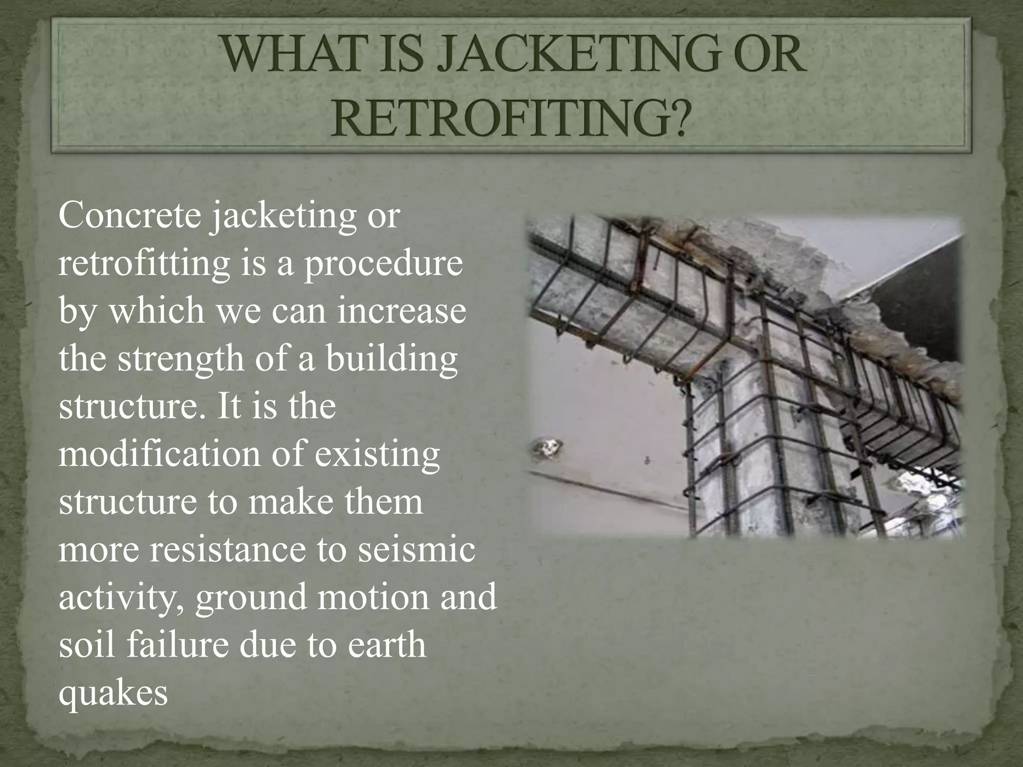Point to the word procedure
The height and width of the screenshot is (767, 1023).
click(384, 264)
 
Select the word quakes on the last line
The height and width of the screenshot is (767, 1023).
click(113, 693)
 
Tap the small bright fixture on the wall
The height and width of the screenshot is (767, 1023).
click(547, 446)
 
